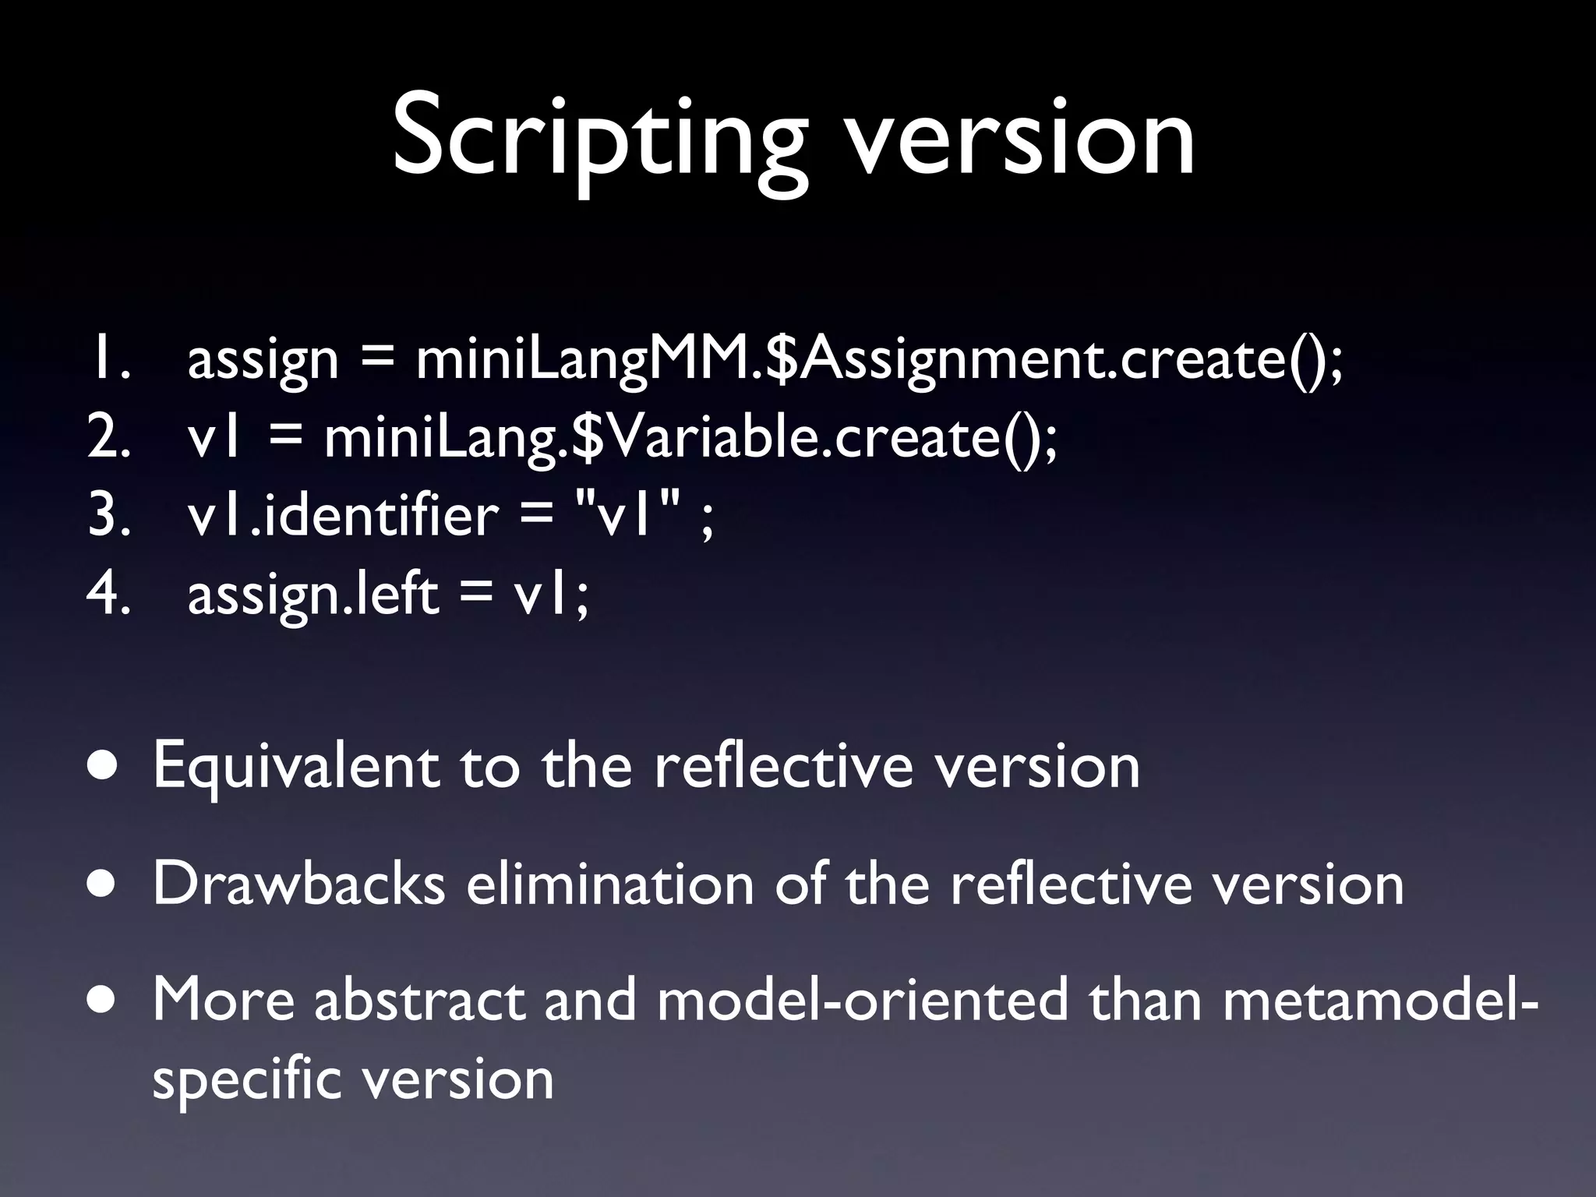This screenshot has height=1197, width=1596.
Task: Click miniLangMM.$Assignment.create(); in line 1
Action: coord(879,360)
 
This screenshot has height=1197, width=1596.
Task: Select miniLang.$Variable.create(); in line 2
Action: coord(690,438)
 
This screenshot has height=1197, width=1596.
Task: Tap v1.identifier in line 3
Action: coord(343,516)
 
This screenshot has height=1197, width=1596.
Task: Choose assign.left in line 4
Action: coord(313,594)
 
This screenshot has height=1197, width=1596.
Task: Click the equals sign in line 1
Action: coord(376,360)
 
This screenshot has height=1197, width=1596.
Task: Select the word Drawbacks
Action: coord(299,884)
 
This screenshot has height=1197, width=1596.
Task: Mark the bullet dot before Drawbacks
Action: coord(104,885)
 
